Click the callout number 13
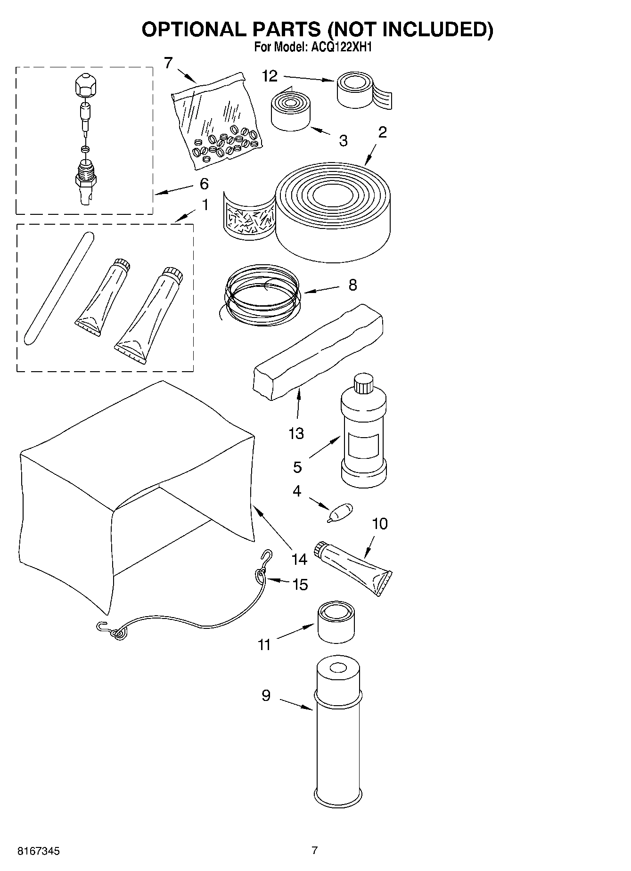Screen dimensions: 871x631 296,433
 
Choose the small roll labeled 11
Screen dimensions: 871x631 335,622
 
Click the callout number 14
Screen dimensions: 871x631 299,559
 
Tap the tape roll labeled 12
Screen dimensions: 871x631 358,90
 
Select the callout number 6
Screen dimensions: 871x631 204,184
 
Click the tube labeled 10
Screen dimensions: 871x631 353,565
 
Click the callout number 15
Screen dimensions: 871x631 300,585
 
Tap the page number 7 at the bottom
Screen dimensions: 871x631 315,850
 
